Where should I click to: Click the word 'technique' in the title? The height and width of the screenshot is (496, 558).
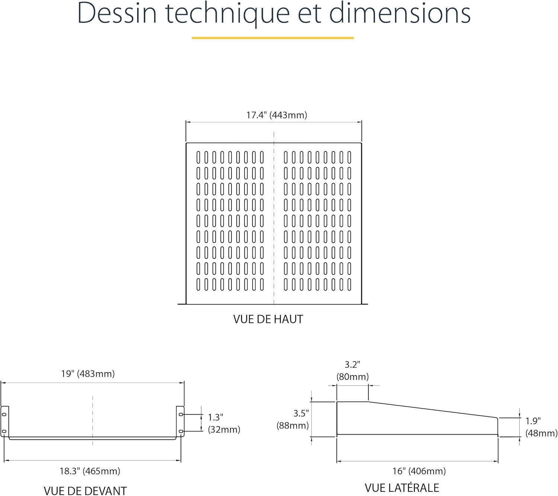228,14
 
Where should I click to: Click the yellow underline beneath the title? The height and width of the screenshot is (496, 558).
273,38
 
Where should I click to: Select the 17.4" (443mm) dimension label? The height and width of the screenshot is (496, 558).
276,115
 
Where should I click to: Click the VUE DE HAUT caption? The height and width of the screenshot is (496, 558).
268,319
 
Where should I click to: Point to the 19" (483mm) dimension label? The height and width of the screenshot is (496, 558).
88,374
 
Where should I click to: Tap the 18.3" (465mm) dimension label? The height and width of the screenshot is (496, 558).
90,471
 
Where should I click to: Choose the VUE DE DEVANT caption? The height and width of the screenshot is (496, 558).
85,491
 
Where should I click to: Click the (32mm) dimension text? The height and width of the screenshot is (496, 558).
224,429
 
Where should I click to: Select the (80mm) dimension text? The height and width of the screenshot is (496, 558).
352,377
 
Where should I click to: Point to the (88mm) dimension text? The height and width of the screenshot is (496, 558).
292,425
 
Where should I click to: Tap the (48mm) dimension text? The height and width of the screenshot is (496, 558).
542,433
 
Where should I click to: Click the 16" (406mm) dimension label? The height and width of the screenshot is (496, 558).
419,471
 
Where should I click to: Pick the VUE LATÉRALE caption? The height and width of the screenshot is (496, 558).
402,488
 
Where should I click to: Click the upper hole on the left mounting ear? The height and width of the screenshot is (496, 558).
4,415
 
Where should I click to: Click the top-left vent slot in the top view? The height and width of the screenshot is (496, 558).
198,157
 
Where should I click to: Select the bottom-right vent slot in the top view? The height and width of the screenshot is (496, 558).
349,284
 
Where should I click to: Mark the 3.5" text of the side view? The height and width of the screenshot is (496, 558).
301,413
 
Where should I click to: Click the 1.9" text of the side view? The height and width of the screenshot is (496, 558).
533,421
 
